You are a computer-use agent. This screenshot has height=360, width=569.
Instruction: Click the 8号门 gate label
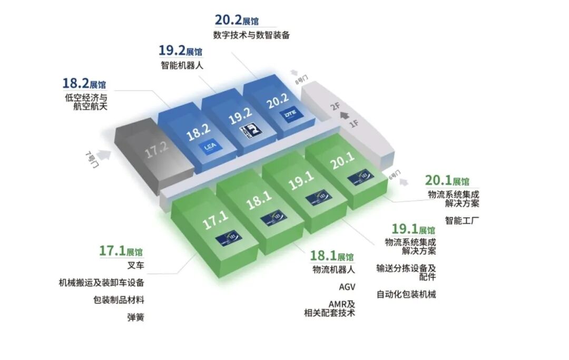click(300, 80)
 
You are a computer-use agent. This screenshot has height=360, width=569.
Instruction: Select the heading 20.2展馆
click(237, 21)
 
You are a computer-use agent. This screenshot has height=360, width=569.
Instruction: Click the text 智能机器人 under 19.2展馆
click(182, 66)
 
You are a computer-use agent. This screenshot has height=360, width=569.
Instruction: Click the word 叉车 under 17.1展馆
click(136, 265)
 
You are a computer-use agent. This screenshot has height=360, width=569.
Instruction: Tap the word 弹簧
click(136, 317)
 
